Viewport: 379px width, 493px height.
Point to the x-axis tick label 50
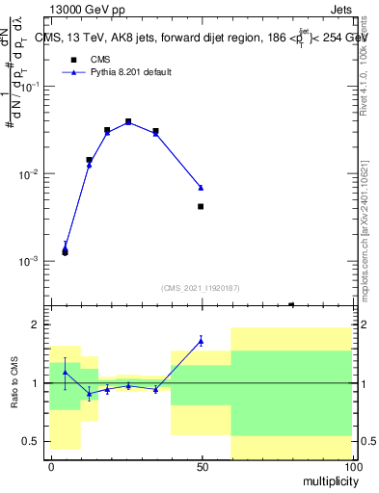(202, 465)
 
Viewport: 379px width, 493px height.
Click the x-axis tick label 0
(51, 465)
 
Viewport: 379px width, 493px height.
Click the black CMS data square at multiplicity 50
(201, 206)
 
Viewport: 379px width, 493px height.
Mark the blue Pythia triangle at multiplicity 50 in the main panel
(201, 187)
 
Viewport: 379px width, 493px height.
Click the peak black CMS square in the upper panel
(128, 122)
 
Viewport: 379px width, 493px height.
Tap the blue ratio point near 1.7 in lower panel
(201, 340)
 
